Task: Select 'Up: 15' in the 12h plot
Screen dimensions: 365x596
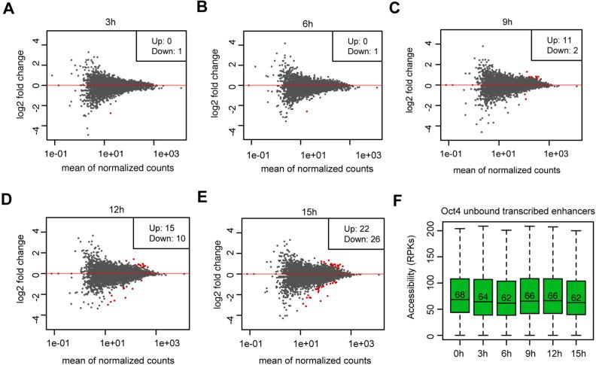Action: pos(158,227)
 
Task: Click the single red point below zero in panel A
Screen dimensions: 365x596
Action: pos(111,112)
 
